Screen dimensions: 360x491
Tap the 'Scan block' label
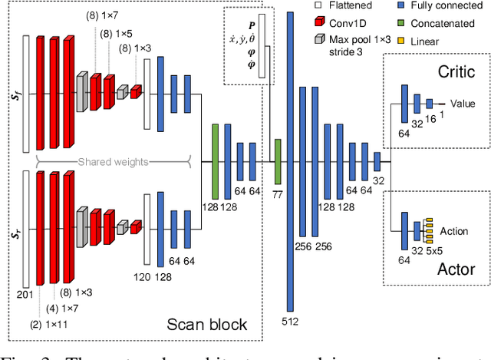pyautogui.click(x=207, y=324)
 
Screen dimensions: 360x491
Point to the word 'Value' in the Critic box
pyautogui.click(x=463, y=103)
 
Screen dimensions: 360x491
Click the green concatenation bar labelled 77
pyautogui.click(x=278, y=162)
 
